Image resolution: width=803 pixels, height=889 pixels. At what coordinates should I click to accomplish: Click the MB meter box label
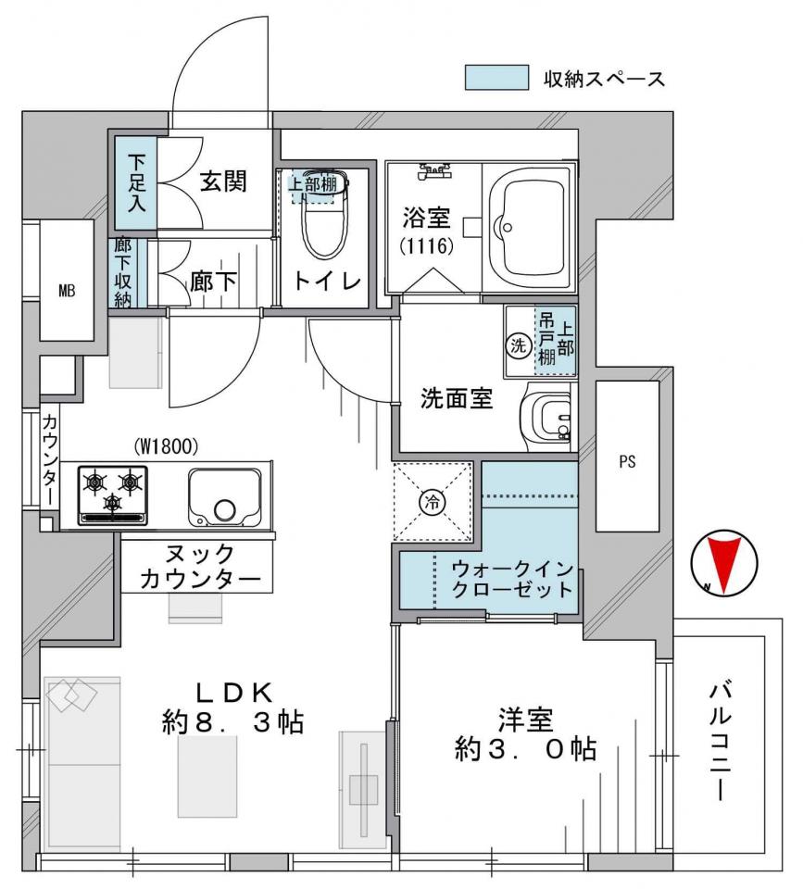[67, 292]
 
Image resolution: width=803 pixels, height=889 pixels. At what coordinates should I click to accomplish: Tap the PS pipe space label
[627, 461]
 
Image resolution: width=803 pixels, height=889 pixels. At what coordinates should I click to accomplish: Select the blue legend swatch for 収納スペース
[496, 78]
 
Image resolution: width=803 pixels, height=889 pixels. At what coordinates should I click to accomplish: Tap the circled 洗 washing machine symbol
[519, 344]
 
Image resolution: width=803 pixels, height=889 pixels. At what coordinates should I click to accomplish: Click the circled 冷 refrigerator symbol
[433, 501]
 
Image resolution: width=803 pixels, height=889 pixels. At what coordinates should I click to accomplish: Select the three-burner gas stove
[112, 495]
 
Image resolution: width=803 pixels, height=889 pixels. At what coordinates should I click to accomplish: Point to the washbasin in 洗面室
[546, 417]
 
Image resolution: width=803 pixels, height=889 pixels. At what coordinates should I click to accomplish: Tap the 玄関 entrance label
[223, 182]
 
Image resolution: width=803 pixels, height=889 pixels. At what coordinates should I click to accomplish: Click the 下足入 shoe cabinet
[135, 183]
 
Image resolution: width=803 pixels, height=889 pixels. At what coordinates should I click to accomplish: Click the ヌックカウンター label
[200, 567]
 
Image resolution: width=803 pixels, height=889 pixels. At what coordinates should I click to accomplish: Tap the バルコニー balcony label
[720, 743]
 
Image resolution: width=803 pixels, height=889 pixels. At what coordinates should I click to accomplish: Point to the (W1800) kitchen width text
[166, 447]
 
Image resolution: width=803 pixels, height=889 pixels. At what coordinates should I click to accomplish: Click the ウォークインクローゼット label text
[513, 579]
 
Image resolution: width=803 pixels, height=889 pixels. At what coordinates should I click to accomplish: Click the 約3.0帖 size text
[525, 749]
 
